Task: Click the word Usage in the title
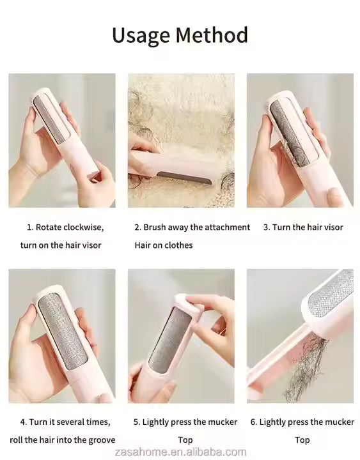(x=141, y=36)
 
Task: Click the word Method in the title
(x=212, y=34)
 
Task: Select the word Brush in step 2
(x=155, y=227)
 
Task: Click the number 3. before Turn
(x=267, y=227)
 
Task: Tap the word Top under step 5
(x=185, y=440)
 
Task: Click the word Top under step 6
(x=302, y=440)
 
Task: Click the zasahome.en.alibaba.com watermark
(x=180, y=452)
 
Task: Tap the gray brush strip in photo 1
(x=51, y=119)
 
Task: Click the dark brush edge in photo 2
(x=184, y=178)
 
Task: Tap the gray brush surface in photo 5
(x=170, y=341)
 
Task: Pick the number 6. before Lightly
(x=254, y=422)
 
